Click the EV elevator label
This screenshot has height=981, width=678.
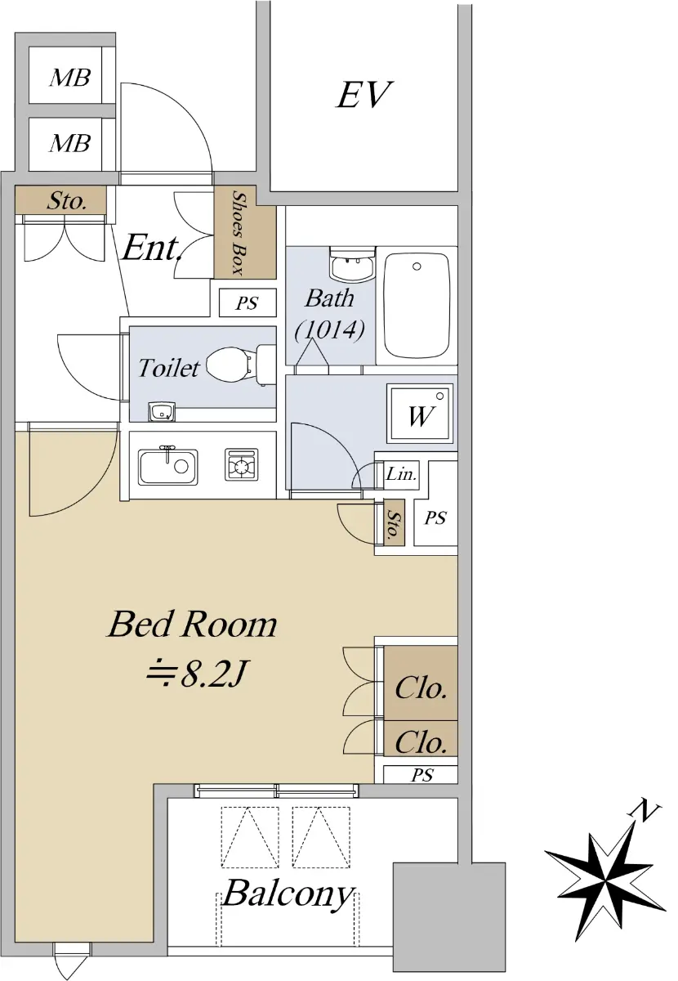363,95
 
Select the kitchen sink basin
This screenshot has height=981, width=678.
167,467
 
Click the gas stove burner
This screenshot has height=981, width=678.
241,464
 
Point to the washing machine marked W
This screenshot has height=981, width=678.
421,414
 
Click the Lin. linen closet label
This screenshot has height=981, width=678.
401,474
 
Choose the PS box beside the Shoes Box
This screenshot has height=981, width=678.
248,302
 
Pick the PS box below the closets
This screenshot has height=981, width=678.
420,775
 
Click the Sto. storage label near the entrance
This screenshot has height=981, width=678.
66,201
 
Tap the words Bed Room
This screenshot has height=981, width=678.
193,625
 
